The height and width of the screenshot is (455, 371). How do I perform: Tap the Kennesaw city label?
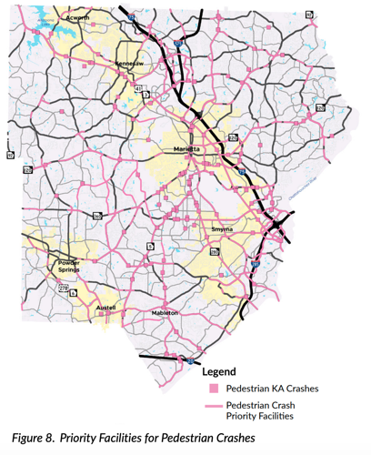128,65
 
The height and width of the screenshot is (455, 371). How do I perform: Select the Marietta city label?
188,147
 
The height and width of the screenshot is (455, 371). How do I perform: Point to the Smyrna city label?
222,230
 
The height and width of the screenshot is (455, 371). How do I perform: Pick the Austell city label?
105,308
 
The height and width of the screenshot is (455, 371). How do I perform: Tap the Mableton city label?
165,312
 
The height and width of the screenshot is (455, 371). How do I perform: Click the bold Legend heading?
219,371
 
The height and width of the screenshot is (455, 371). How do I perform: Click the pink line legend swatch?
212,406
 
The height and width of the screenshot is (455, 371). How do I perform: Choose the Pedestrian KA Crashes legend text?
270,389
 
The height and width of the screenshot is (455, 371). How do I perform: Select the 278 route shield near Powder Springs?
63,288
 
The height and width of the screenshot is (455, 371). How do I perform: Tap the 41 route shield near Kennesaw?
138,88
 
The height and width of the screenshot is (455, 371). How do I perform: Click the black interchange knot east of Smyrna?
276,225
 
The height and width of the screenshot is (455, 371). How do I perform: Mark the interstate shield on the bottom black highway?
187,360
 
